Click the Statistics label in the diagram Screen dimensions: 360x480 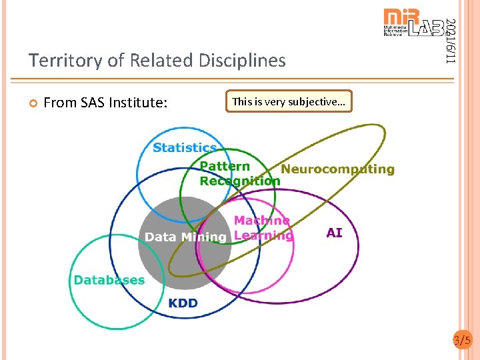[185, 147]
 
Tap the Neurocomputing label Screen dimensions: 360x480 [337, 169]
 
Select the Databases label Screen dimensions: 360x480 [109, 280]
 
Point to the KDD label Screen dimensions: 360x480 [183, 303]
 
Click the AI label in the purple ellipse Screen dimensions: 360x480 [334, 233]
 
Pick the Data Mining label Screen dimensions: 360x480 [185, 237]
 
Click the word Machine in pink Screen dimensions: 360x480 [261, 221]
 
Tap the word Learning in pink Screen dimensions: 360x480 [263, 235]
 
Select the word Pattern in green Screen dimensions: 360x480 [225, 166]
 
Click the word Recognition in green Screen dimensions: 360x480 [240, 181]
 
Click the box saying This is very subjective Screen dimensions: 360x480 [289, 102]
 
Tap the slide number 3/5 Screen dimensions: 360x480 [462, 341]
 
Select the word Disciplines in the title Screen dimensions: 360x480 [242, 61]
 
